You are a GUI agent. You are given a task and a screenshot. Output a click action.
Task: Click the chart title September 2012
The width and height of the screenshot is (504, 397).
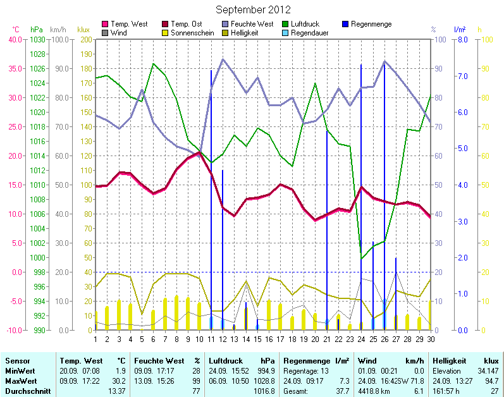tap(253, 9)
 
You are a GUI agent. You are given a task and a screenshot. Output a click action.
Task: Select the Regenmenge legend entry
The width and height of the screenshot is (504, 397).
tap(371, 24)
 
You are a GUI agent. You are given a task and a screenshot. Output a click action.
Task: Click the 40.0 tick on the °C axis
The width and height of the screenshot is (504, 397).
tap(15, 39)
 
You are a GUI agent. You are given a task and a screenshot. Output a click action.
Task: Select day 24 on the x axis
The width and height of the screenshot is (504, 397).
tap(360, 339)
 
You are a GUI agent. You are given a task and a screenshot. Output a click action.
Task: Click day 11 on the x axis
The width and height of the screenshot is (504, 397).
tap(211, 339)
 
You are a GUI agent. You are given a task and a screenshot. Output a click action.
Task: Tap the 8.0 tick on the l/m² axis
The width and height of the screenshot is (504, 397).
tap(462, 39)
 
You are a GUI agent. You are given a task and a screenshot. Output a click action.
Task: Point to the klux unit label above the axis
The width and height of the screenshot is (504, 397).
tap(83, 30)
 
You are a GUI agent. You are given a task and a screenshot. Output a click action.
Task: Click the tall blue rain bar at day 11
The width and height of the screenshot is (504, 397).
tap(211, 190)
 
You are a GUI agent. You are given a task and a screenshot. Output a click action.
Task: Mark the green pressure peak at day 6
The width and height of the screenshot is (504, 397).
tap(153, 63)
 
